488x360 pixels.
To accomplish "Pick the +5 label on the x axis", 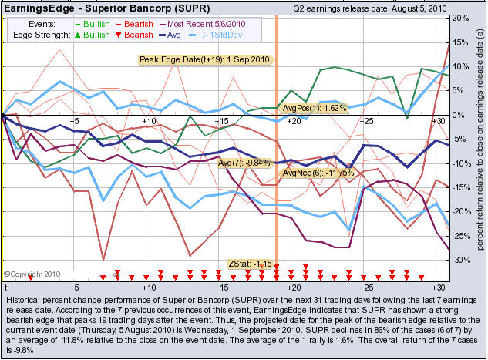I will [74, 122].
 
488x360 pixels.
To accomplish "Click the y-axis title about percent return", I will [480, 146].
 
